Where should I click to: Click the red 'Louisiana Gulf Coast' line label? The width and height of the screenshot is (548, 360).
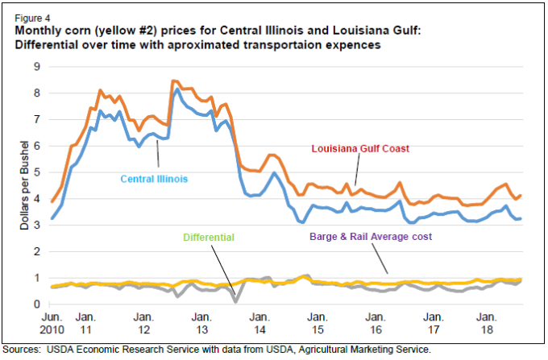pos(362,149)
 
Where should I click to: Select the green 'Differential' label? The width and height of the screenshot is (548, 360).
pos(209,238)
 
